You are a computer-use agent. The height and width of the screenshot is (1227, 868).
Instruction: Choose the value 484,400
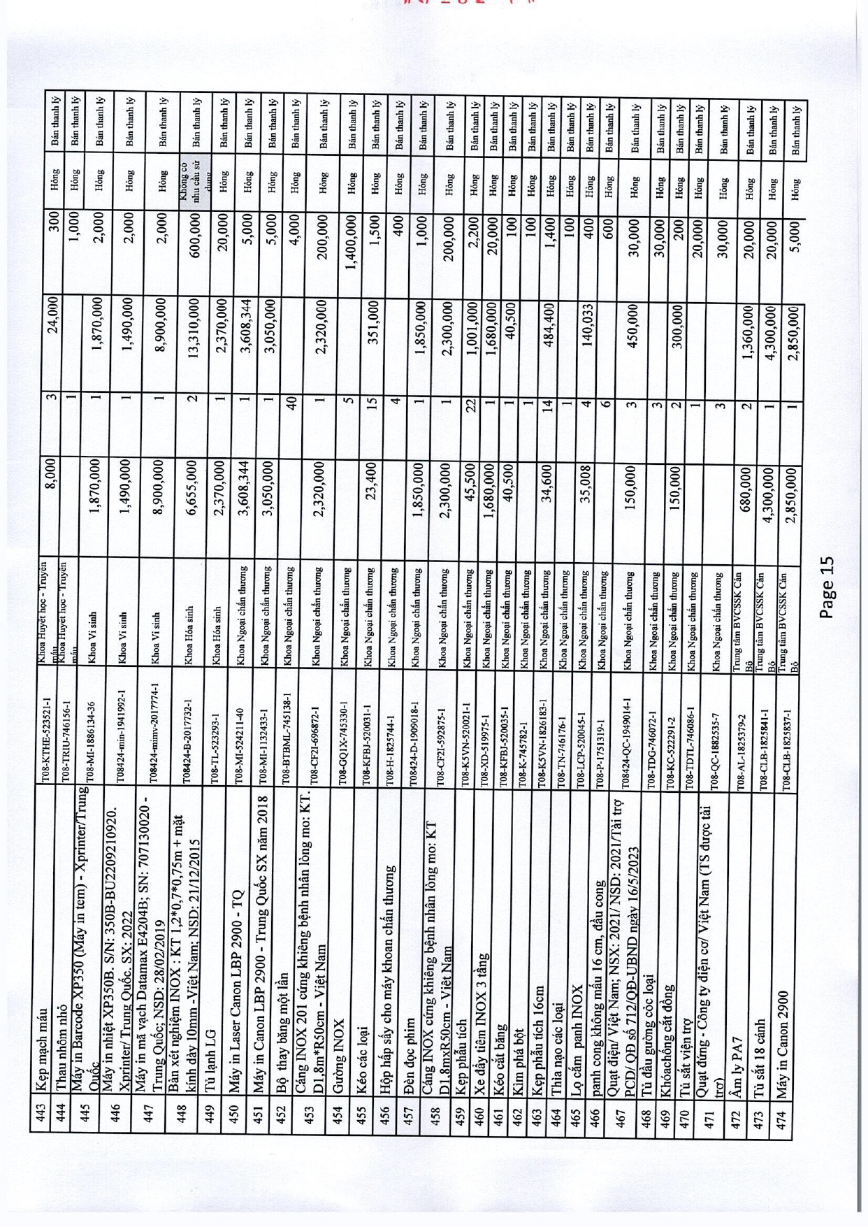click(549, 328)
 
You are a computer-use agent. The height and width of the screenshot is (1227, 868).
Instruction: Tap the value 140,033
click(588, 328)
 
